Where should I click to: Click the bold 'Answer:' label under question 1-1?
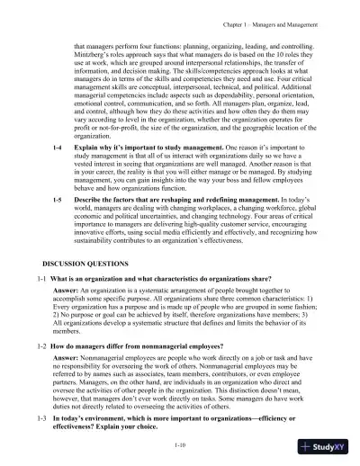pyautogui.click(x=66, y=293)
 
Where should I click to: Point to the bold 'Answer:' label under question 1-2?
pyautogui.click(x=66, y=357)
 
